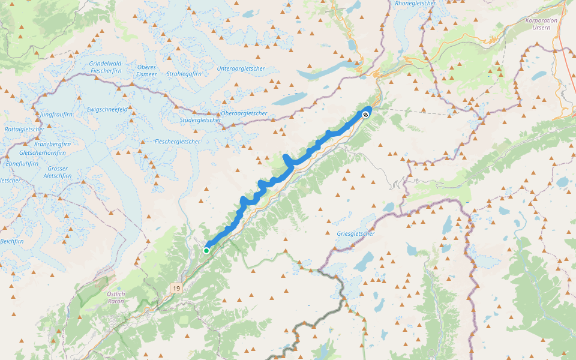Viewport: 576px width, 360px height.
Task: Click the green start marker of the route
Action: (x=206, y=251)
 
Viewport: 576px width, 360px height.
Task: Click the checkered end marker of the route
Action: (x=365, y=113)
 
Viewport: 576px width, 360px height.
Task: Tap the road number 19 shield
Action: (x=175, y=289)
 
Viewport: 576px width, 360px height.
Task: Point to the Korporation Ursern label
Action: (x=541, y=23)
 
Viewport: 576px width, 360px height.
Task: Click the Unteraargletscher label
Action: (x=241, y=68)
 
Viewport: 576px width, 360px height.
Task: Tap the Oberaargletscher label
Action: (x=244, y=113)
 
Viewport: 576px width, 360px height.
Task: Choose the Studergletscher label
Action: (x=200, y=120)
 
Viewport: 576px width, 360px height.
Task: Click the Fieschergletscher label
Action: (x=177, y=142)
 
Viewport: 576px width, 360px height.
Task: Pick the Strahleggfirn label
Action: (x=184, y=74)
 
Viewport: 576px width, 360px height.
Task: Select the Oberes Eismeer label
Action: (x=146, y=70)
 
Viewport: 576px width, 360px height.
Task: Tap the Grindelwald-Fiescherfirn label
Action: (x=106, y=67)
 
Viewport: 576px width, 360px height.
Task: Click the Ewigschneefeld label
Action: (x=107, y=109)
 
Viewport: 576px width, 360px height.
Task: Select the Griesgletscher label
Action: (x=356, y=233)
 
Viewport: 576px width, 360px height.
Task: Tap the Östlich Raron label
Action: (x=115, y=298)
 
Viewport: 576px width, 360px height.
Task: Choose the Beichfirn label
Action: (x=11, y=241)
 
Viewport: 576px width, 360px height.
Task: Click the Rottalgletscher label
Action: (x=24, y=129)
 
